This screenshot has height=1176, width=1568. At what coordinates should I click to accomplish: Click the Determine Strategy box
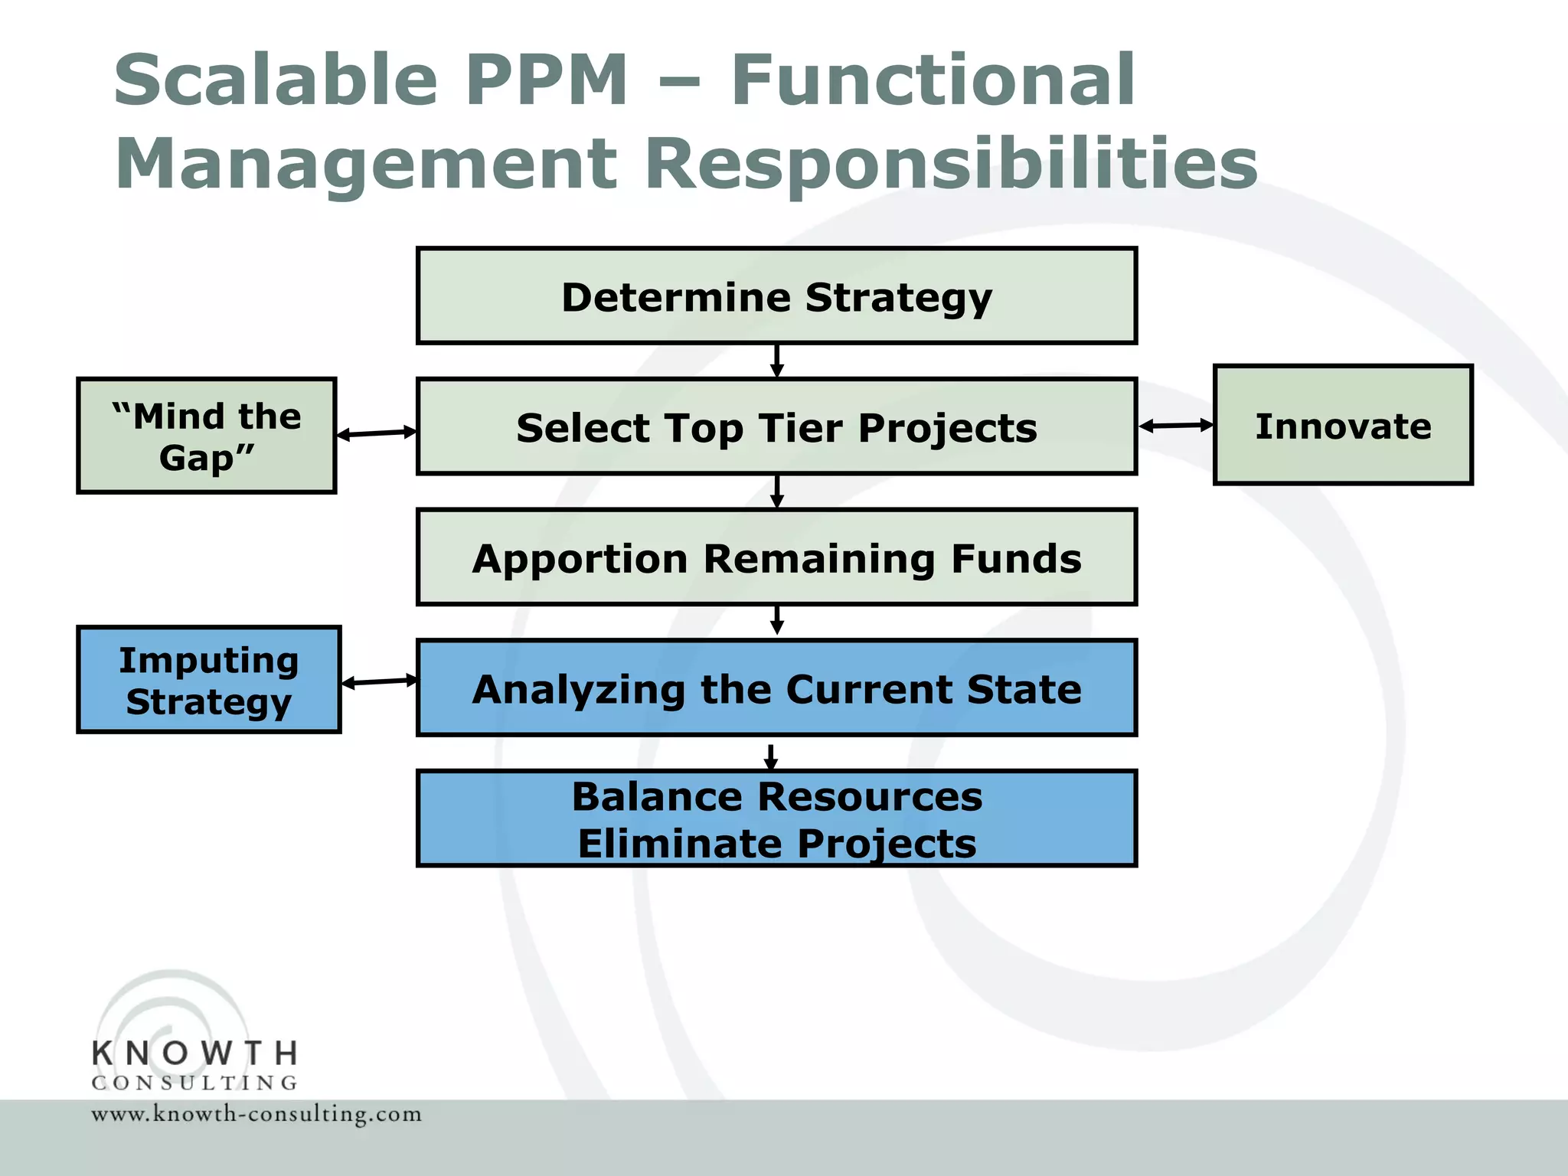[x=776, y=296]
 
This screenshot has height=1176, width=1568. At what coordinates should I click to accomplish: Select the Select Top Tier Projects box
[x=776, y=427]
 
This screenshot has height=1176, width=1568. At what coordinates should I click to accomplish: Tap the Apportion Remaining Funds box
[x=776, y=558]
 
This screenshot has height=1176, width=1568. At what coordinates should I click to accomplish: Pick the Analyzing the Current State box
[x=776, y=688]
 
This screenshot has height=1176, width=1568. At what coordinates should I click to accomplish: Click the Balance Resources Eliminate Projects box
[x=776, y=818]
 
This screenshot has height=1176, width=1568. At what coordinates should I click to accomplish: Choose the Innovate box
[x=1343, y=426]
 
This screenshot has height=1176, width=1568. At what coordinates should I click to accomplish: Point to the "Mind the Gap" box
[x=207, y=436]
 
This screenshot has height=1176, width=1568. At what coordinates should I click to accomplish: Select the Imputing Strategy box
[x=208, y=681]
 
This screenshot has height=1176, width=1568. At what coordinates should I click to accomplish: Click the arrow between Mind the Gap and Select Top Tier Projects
[x=377, y=433]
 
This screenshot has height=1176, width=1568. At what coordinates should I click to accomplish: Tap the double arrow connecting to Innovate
[x=1176, y=426]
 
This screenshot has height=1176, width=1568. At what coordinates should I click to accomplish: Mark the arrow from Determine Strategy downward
[x=776, y=361]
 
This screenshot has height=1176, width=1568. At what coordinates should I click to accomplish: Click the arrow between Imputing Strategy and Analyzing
[x=380, y=681]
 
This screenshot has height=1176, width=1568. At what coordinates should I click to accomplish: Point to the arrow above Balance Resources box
[x=771, y=756]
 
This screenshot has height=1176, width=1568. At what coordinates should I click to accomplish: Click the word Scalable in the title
[x=276, y=80]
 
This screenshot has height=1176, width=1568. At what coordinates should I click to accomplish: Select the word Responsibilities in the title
[x=951, y=164]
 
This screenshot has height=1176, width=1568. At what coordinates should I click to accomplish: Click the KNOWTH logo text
[x=194, y=1053]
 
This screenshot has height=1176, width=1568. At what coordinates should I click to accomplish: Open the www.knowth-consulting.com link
[x=256, y=1114]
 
